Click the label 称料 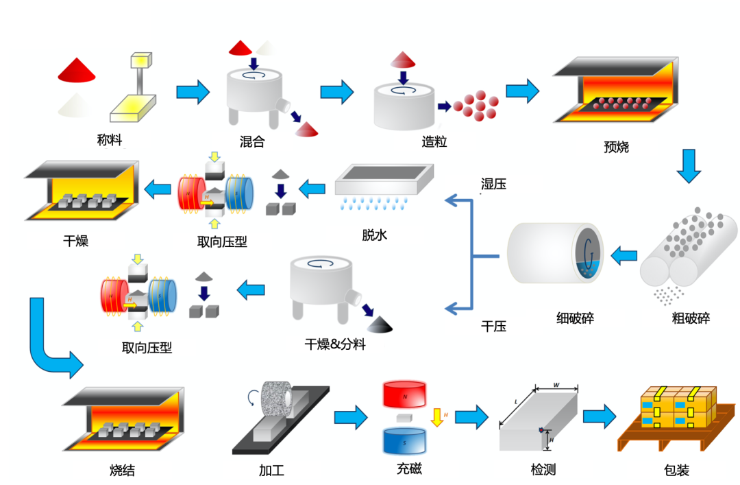[x=110, y=141]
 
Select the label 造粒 [x=434, y=142]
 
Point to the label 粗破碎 [x=691, y=318]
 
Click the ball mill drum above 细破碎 [x=555, y=253]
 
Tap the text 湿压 [x=493, y=184]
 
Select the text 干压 [x=493, y=327]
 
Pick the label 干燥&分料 [x=335, y=344]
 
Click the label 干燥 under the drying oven [x=75, y=241]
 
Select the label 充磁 [x=409, y=470]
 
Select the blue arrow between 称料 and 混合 [x=193, y=91]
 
